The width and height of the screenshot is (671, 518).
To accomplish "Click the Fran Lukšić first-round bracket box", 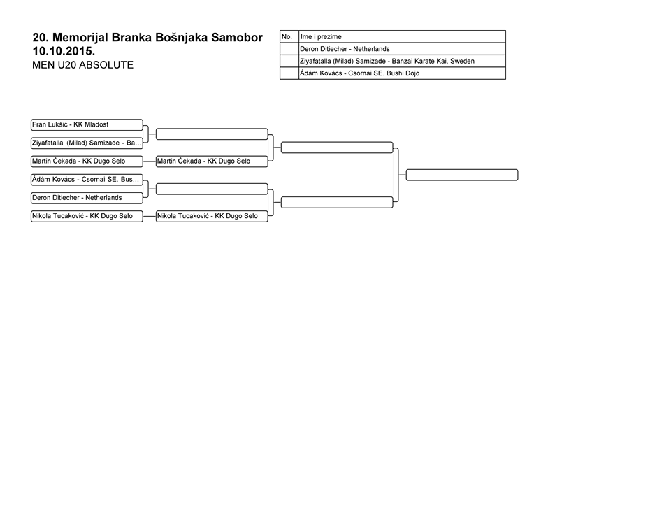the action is tap(87, 124).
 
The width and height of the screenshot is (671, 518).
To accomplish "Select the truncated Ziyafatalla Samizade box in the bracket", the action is tap(87, 143).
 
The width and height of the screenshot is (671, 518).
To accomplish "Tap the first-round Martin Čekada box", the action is tap(87, 161).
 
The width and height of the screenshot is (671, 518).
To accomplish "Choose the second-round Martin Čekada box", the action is tap(212, 161).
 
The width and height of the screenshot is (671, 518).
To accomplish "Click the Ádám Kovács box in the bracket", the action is tap(87, 180).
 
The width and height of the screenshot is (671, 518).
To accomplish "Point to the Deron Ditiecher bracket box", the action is tap(87, 198).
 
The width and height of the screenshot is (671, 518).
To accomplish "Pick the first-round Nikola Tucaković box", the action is tap(87, 216).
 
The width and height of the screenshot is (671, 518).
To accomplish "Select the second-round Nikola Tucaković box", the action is tap(212, 216).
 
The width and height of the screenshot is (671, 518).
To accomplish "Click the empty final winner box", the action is tap(462, 175).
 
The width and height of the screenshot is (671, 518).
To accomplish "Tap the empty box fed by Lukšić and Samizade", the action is tap(212, 134).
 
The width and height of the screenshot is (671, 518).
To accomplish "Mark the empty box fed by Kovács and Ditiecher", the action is tap(212, 189).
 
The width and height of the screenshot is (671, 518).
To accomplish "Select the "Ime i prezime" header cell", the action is tap(402, 37).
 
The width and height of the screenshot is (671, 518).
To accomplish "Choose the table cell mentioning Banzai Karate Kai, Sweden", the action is tap(402, 62).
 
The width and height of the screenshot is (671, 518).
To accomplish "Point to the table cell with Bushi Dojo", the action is tap(402, 73).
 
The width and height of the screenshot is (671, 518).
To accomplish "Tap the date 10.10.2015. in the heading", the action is tap(64, 51).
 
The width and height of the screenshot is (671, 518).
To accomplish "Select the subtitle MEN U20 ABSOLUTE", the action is tap(82, 65).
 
